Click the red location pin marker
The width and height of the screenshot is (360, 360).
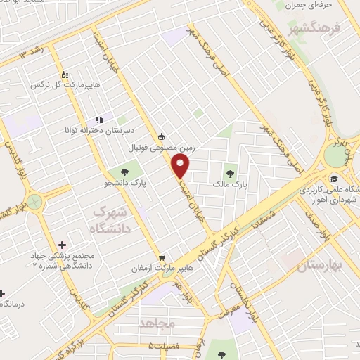[x=181, y=167]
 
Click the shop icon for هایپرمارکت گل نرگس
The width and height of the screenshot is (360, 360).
[x=65, y=74]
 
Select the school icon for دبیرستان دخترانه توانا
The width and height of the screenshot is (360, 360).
[x=99, y=120]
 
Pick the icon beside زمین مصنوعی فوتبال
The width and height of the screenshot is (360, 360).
[x=162, y=136]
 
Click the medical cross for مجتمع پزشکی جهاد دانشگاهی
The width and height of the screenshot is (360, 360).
[x=63, y=245]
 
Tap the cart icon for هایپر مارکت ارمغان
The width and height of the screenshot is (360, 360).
[x=162, y=259]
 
